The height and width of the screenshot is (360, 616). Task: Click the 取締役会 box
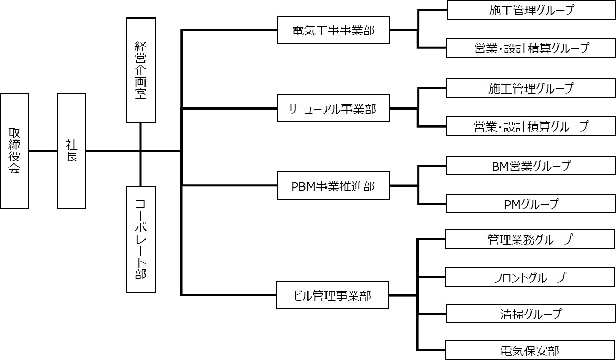[x=14, y=151]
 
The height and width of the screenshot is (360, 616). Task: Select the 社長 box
[x=71, y=151]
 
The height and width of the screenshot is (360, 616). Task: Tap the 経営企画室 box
[x=140, y=70]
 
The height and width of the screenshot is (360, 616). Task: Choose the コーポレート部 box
[x=140, y=239]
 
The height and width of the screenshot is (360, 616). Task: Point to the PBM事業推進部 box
[x=333, y=186]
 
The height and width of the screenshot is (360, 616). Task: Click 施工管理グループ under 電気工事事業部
[x=531, y=10]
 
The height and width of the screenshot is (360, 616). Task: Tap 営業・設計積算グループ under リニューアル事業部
[x=531, y=126]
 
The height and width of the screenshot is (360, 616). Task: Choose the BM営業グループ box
[x=531, y=166]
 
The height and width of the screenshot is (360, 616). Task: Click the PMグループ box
[x=531, y=204]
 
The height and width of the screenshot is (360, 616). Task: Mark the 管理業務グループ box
[x=531, y=240]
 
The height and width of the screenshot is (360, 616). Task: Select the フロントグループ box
[x=531, y=277]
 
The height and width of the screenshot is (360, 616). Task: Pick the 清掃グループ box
[x=531, y=314]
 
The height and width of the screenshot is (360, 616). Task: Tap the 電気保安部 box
[x=531, y=351]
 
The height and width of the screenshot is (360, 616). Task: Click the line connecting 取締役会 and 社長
[x=43, y=151]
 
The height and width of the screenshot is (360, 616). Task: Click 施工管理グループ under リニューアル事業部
[x=531, y=88]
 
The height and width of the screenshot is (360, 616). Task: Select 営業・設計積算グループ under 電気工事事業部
[x=531, y=48]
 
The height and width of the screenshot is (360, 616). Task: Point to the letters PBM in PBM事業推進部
[x=303, y=187]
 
